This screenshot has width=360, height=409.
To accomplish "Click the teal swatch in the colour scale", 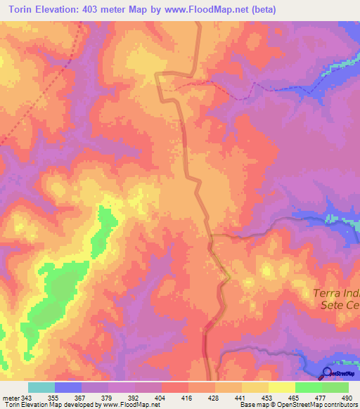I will tap(41, 387).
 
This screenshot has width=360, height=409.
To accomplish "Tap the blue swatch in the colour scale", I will tap(68, 387).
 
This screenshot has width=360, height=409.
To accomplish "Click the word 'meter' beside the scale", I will tap(9, 398).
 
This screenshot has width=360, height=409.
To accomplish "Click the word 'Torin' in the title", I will tap(21, 10).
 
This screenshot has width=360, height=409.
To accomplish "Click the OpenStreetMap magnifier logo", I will tap(328, 372).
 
